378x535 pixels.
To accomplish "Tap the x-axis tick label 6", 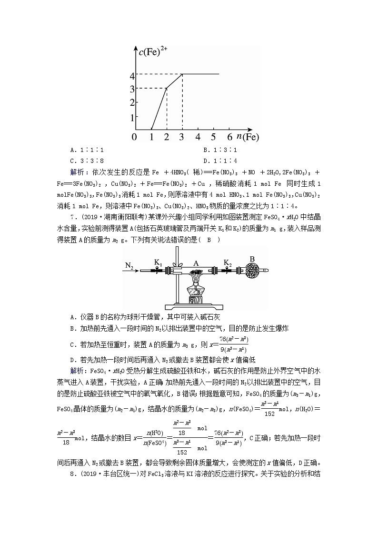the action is click(229, 137).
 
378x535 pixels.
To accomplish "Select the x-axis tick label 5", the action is click(214, 137).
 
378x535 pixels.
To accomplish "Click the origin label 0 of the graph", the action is click(134, 137).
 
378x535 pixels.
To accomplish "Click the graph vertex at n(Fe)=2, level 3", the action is click(167, 88).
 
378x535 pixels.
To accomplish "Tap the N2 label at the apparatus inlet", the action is click(129, 265).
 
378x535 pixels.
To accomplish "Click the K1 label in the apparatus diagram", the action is click(158, 262).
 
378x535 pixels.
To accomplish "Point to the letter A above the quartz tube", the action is click(195, 262).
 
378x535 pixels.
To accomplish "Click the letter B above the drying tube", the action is click(252, 259).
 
